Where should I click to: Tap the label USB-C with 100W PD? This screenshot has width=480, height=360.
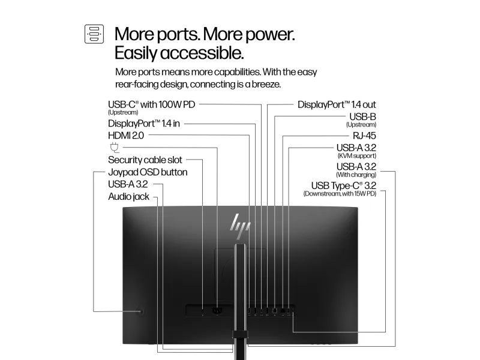click(152, 104)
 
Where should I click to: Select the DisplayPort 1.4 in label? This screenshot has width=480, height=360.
click(144, 123)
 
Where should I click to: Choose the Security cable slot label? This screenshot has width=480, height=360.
click(145, 160)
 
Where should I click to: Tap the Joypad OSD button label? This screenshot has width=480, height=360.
click(148, 172)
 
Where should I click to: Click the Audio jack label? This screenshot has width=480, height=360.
click(128, 196)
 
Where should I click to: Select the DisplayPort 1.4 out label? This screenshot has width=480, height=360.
click(337, 104)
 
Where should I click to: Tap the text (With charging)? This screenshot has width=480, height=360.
click(357, 175)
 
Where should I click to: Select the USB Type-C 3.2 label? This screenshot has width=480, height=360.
click(343, 185)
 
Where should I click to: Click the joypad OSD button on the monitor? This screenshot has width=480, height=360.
click(140, 311)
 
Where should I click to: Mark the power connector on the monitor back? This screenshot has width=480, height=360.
click(217, 311)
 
